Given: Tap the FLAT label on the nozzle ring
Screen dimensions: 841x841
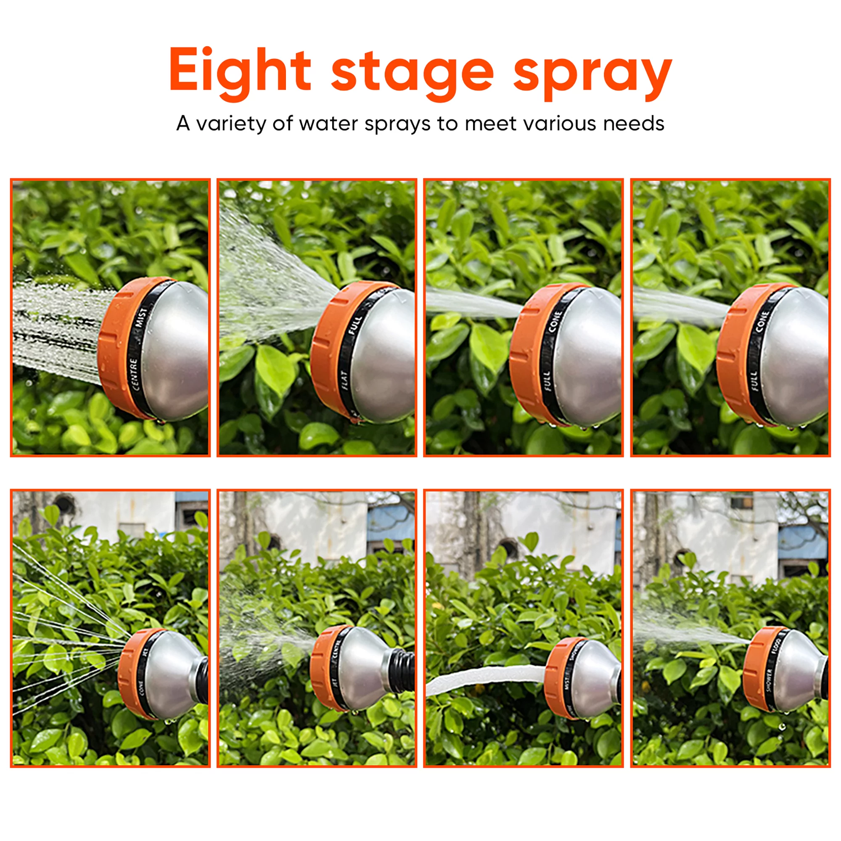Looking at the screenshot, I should (x=345, y=380).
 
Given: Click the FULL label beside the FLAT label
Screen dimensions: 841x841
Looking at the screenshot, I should (x=355, y=325).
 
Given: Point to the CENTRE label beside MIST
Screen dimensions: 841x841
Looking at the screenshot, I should (x=135, y=374).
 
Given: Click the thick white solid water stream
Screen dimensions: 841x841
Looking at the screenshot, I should (x=483, y=676).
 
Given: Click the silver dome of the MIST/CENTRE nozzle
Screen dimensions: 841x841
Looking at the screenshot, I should (x=178, y=348).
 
